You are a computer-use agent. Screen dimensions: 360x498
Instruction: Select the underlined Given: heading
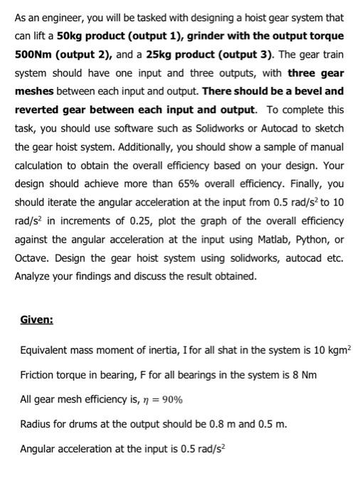[x=37, y=320]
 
